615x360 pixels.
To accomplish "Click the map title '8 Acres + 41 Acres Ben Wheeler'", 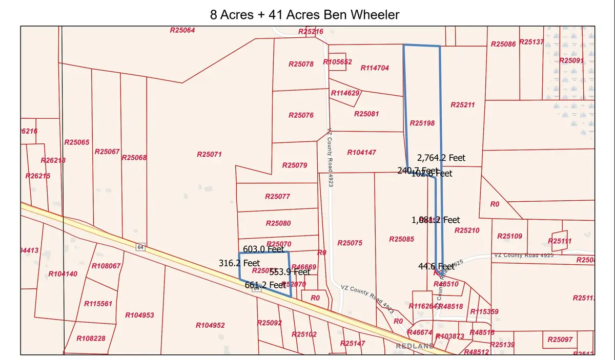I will (x=304, y=14).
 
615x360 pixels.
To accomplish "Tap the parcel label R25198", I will (x=422, y=123).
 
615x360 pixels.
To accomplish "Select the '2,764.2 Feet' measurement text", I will (x=441, y=158).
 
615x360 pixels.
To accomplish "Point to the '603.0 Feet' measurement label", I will (x=263, y=249).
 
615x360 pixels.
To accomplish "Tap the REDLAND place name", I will (x=415, y=346).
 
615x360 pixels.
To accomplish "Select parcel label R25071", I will (x=209, y=154).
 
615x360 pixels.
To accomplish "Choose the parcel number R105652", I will (x=338, y=62).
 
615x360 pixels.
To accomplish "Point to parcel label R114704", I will (x=375, y=68).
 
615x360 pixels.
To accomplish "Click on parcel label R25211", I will (x=463, y=104).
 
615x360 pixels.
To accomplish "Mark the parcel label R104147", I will (x=362, y=153).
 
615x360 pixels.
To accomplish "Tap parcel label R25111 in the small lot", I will (x=560, y=241).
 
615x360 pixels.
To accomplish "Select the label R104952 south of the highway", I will (x=210, y=325).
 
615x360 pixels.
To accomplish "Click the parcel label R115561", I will (x=98, y=304).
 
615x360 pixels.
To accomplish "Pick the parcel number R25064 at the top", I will (x=182, y=30).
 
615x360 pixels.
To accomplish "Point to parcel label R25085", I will (x=401, y=239).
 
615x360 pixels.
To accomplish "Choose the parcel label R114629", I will (x=346, y=93).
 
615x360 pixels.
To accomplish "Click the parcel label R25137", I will (x=531, y=41).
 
